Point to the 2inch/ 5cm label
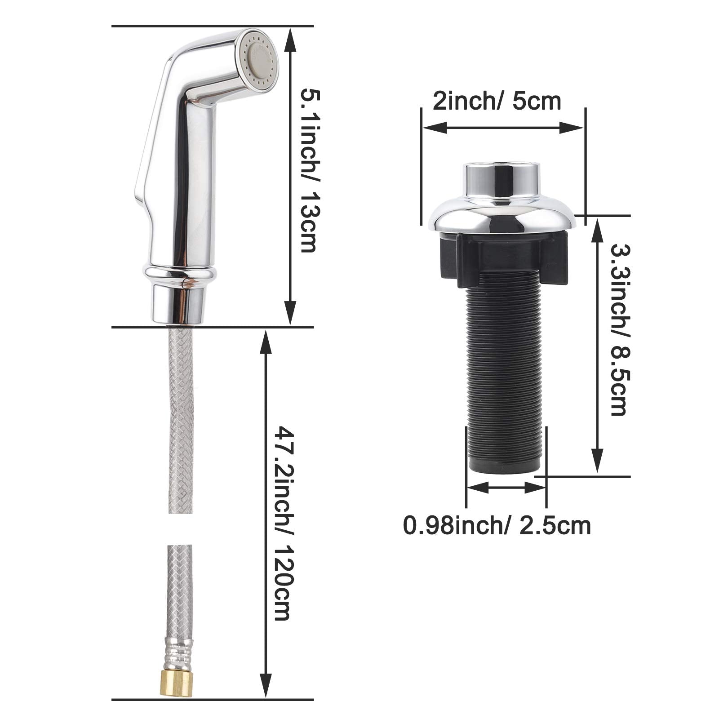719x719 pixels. [x=497, y=102]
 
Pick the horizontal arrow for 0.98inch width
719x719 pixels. [x=506, y=487]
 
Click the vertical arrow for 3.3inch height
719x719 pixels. [x=598, y=344]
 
